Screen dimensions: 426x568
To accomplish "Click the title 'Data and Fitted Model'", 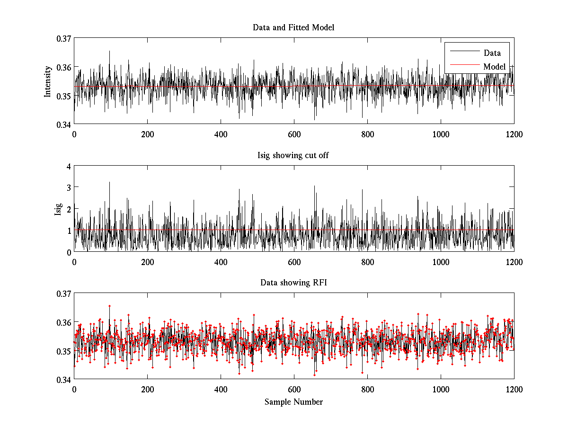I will tap(293, 27).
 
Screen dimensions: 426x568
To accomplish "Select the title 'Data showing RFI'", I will tap(293, 283).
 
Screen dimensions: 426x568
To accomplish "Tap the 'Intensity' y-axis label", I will tap(47, 81).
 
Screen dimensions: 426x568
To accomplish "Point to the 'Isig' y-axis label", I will tap(58, 209).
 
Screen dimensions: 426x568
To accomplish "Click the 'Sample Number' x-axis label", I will tap(293, 402).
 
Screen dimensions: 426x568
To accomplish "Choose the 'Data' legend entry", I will tap(492, 53).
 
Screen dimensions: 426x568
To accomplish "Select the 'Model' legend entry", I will tap(494, 67).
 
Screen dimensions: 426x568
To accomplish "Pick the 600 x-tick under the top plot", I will tap(294, 134).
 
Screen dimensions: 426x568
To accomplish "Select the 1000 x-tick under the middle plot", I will tap(441, 262).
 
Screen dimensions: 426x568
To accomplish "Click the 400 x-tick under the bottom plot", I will tap(221, 390).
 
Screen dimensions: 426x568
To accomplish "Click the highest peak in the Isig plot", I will tap(109, 182).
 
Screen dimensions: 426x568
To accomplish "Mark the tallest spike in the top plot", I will tap(109, 51).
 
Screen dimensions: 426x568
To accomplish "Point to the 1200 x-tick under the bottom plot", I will tap(514, 390).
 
